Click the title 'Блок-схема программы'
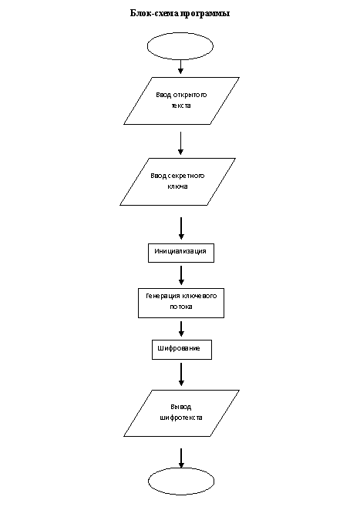pyautogui.click(x=180, y=13)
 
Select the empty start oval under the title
pyautogui.click(x=180, y=46)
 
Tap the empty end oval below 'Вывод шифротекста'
pyautogui.click(x=181, y=481)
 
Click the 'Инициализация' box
pyautogui.click(x=181, y=253)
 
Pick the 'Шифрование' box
pyautogui.click(x=182, y=350)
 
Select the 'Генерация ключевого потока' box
pyautogui.click(x=181, y=303)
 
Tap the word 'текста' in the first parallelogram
pyautogui.click(x=181, y=106)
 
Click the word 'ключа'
pyautogui.click(x=177, y=186)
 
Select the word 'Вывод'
pyautogui.click(x=181, y=407)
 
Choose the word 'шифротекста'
pyautogui.click(x=181, y=418)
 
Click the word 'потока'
pyautogui.click(x=181, y=307)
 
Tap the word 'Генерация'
pyautogui.click(x=163, y=296)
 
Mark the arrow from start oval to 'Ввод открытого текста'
pyautogui.click(x=180, y=67)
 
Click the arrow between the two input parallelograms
pyautogui.click(x=180, y=143)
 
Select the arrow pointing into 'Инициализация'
pyautogui.click(x=181, y=228)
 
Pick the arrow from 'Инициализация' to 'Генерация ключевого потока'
pyautogui.click(x=181, y=275)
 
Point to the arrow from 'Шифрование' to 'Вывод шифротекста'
pyautogui.click(x=181, y=374)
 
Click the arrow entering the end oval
pyautogui.click(x=181, y=458)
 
